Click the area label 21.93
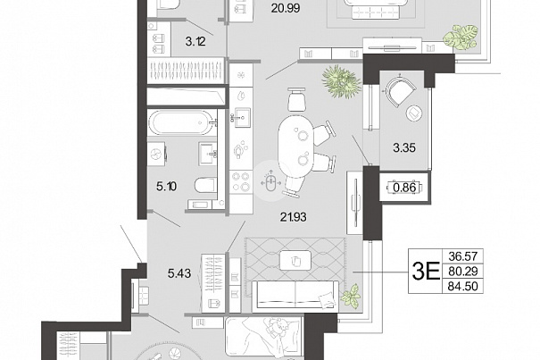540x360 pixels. pos(293,217)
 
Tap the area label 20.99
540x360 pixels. pos(285,8)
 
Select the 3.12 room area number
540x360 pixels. pos(195,42)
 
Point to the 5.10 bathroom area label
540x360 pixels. pos(166,187)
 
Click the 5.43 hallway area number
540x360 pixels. pos(179,273)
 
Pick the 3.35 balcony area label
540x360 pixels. pos(404,148)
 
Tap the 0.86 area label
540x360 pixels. pos(404,188)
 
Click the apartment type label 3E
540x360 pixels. pos(426,272)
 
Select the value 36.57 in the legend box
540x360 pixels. pos(463,256)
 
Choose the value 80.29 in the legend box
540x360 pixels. pos(463,272)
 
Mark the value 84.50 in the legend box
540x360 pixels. pos(463,286)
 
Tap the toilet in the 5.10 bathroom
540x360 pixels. pos(205,185)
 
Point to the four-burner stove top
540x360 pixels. pos(241,181)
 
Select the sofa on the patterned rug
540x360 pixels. pos(295,294)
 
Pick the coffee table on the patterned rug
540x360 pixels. pos(295,260)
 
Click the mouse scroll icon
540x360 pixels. pos(270,182)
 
